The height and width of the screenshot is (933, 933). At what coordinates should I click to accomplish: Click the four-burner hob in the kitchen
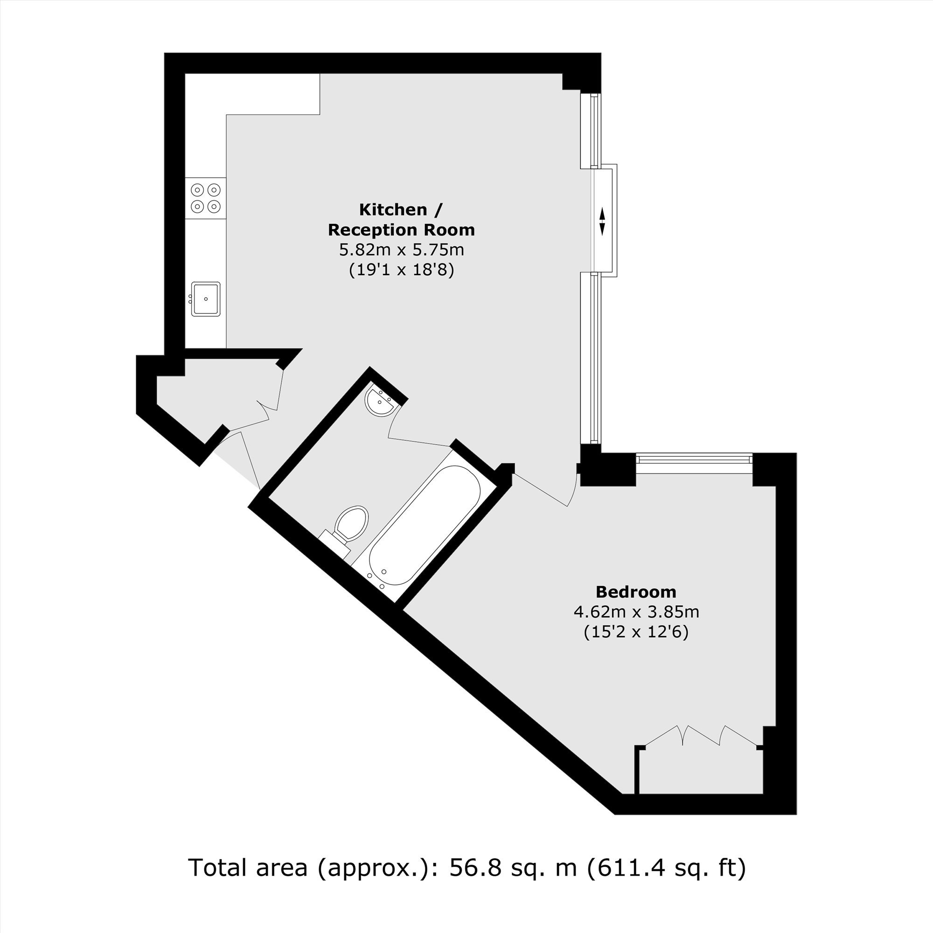pyautogui.click(x=206, y=198)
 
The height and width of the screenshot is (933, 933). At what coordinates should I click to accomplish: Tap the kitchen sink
pyautogui.click(x=206, y=299)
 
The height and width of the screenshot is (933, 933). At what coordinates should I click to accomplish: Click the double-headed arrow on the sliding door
pyautogui.click(x=602, y=221)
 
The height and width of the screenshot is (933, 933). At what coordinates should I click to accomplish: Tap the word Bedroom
pyautogui.click(x=635, y=592)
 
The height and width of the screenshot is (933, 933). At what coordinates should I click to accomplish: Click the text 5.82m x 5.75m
pyautogui.click(x=401, y=250)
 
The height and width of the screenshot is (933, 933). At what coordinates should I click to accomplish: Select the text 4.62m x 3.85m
pyautogui.click(x=636, y=612)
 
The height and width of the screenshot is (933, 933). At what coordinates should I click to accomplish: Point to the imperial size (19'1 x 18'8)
pyautogui.click(x=401, y=270)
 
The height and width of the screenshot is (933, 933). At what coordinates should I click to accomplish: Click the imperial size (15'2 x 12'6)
pyautogui.click(x=636, y=632)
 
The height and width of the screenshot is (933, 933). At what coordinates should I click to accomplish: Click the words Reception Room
pyautogui.click(x=401, y=230)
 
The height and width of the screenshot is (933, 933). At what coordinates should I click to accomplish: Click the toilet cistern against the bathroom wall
pyautogui.click(x=334, y=544)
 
